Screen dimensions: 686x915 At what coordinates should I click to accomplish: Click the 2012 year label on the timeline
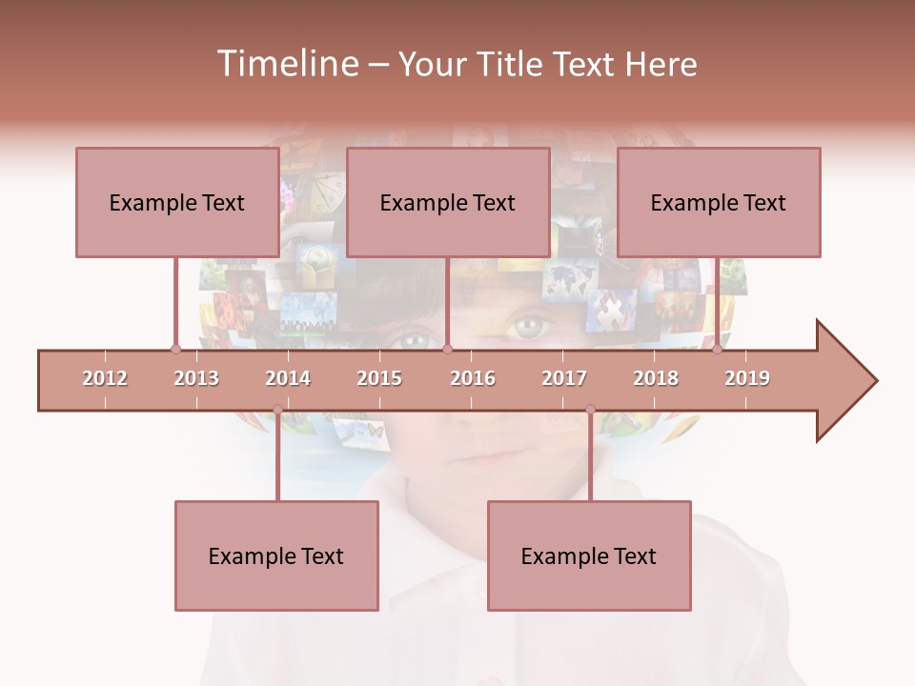click(x=105, y=378)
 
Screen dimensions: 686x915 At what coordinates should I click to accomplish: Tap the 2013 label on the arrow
click(x=196, y=378)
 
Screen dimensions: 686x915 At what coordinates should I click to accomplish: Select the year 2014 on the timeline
click(x=288, y=378)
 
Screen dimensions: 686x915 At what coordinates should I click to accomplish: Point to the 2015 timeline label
click(x=379, y=378)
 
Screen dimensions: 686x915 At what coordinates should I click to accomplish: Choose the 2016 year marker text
click(x=473, y=378)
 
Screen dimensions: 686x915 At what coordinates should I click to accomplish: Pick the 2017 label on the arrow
click(x=564, y=378)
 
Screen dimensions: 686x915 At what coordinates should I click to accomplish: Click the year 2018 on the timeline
click(x=656, y=378)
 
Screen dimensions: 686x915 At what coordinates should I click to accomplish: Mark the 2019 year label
click(x=747, y=378)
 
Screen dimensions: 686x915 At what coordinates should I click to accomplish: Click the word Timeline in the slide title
click(x=286, y=64)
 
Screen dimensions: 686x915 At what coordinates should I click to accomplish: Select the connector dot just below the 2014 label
click(x=277, y=410)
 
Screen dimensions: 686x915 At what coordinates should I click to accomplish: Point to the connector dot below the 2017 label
click(x=590, y=410)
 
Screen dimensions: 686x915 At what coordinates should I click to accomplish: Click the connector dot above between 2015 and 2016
click(x=447, y=349)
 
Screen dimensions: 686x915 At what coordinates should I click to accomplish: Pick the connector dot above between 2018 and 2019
click(x=718, y=349)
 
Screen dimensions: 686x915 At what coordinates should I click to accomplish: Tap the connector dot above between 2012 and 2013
click(x=175, y=349)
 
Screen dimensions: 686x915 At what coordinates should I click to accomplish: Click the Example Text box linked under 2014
click(x=276, y=555)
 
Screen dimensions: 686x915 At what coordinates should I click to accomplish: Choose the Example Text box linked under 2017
click(x=589, y=555)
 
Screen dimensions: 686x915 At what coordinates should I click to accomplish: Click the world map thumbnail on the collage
click(x=570, y=279)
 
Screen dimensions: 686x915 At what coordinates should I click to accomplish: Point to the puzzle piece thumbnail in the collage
click(x=611, y=311)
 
